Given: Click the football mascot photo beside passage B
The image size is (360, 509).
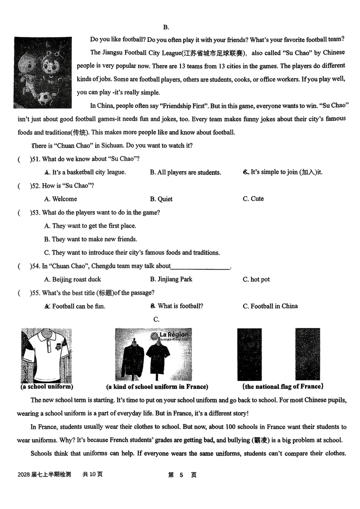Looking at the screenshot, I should pyautogui.click(x=43, y=72).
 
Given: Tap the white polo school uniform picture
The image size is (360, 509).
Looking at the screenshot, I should pyautogui.click(x=46, y=355).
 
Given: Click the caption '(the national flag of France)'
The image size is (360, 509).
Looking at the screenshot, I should pyautogui.click(x=283, y=387).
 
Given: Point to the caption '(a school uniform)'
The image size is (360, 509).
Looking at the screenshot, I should pyautogui.click(x=47, y=387).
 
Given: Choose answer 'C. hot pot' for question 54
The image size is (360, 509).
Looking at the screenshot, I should pyautogui.click(x=256, y=279).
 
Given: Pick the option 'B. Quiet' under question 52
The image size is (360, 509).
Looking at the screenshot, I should pyautogui.click(x=161, y=199).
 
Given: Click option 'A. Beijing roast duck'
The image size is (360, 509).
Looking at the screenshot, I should pyautogui.click(x=72, y=279).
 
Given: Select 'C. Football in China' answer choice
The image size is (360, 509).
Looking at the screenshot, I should pyautogui.click(x=270, y=306).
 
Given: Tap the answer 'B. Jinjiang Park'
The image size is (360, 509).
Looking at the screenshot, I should pyautogui.click(x=171, y=279).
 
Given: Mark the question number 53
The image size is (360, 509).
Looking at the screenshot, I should pyautogui.click(x=35, y=212).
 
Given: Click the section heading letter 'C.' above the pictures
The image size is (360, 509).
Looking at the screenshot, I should pyautogui.click(x=156, y=319).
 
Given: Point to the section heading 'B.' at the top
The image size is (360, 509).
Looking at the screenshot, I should pyautogui.click(x=166, y=27).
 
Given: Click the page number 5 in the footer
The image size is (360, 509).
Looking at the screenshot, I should pyautogui.click(x=181, y=475).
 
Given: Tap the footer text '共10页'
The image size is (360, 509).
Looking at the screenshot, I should pyautogui.click(x=92, y=474).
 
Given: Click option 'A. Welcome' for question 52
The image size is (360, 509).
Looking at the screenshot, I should pyautogui.click(x=60, y=199).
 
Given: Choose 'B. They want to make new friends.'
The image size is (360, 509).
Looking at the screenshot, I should pyautogui.click(x=90, y=239).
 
